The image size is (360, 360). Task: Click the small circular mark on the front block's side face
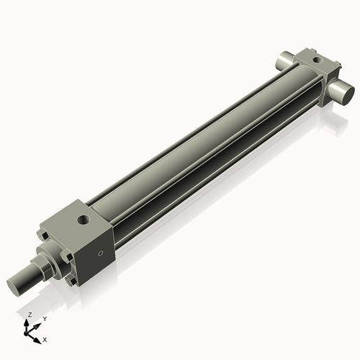coord(101,253)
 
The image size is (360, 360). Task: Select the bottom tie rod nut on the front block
coord(71,280)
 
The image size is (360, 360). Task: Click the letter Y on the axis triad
coord(44,318)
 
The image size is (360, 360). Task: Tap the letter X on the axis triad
coord(45,338)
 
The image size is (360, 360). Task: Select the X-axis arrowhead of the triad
coord(38,336)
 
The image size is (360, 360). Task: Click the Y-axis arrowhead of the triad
coord(38,323)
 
